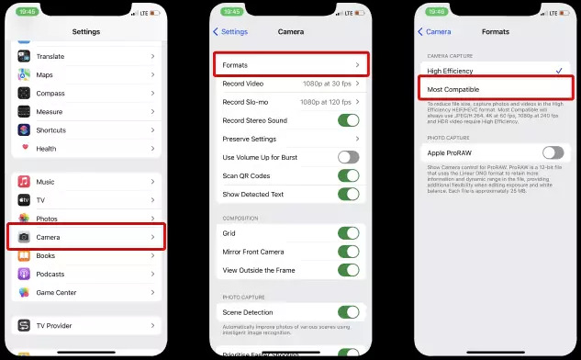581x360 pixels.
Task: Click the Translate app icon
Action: point(24,56)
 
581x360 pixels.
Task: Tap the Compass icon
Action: point(24,93)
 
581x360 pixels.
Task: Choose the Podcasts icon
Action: point(24,274)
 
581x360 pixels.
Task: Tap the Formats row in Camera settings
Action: point(291,65)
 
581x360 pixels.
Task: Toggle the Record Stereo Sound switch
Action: point(348,120)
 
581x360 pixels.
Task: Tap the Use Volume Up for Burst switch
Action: point(348,157)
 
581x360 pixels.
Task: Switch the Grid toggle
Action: point(348,233)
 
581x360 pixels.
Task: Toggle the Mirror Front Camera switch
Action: point(348,252)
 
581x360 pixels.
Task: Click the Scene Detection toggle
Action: point(348,312)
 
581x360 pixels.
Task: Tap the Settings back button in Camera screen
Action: point(230,31)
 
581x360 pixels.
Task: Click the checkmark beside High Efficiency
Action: point(558,71)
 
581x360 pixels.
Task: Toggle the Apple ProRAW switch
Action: point(553,152)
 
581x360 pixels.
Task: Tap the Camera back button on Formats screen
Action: point(435,31)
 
